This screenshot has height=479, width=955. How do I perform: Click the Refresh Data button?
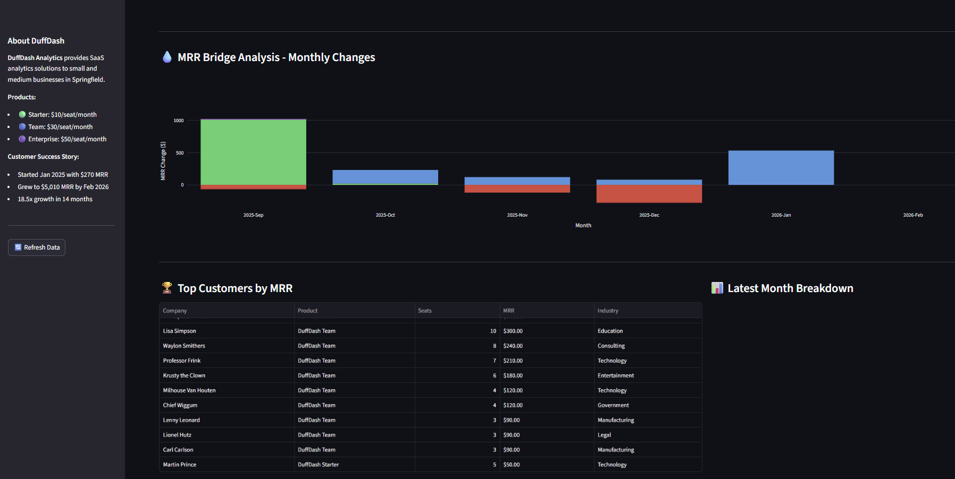click(37, 247)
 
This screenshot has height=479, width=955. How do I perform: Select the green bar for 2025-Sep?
click(253, 152)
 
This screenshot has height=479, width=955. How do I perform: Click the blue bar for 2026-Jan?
click(781, 168)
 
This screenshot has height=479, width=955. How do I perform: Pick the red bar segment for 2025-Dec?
click(649, 194)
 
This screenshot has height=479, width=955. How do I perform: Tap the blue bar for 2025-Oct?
click(385, 176)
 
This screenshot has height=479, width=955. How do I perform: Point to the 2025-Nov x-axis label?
click(517, 215)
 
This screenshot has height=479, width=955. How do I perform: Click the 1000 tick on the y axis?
click(179, 121)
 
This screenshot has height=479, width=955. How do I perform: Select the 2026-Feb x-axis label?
click(912, 215)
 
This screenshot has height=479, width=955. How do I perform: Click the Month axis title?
click(583, 226)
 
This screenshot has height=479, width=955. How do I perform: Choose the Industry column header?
click(608, 311)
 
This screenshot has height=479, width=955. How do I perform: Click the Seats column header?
click(424, 311)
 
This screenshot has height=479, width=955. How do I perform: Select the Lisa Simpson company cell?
click(180, 331)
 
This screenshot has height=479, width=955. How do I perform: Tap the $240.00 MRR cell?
click(513, 346)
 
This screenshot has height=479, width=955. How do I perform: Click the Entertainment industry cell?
click(616, 375)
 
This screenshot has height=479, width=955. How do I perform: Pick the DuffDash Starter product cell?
click(318, 465)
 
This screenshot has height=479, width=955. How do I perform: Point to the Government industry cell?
click(613, 405)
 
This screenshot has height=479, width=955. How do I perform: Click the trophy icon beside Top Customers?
click(167, 288)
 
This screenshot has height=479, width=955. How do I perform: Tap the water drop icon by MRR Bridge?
click(167, 57)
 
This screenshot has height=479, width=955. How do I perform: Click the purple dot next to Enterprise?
click(22, 139)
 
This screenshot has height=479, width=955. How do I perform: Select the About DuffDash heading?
click(36, 41)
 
